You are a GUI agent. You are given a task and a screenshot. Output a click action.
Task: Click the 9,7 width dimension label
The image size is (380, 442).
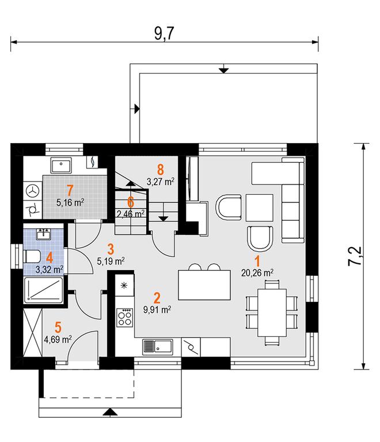164,33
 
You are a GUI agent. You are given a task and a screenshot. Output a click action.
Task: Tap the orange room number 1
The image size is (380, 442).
257,262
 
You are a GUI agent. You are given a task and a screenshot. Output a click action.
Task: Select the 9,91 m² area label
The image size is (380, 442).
157,310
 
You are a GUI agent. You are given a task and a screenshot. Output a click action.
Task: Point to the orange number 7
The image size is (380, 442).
70,191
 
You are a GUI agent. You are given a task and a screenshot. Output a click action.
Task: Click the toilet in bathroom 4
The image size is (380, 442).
32,257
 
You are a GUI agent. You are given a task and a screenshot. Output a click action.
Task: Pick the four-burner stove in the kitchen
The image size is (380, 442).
124,317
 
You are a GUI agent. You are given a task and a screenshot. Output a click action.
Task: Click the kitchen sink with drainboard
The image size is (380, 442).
158,346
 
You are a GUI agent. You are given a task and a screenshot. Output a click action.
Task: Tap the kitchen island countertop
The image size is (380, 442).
204,285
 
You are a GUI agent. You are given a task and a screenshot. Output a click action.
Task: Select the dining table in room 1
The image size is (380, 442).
272,312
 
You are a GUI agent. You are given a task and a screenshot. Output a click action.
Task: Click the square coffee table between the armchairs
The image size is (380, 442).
260,207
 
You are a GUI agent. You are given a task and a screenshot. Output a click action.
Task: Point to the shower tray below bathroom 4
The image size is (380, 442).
44,290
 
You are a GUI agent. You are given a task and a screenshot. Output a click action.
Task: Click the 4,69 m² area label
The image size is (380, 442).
58,339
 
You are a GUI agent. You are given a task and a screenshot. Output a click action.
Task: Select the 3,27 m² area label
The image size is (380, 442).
161,182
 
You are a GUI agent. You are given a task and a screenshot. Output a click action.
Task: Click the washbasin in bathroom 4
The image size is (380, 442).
43,235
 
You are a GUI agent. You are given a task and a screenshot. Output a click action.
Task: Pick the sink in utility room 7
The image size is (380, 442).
61,165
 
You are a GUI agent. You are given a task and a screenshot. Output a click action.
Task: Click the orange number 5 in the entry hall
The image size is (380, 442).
58,328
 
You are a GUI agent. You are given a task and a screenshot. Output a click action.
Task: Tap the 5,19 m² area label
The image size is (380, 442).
111,262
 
